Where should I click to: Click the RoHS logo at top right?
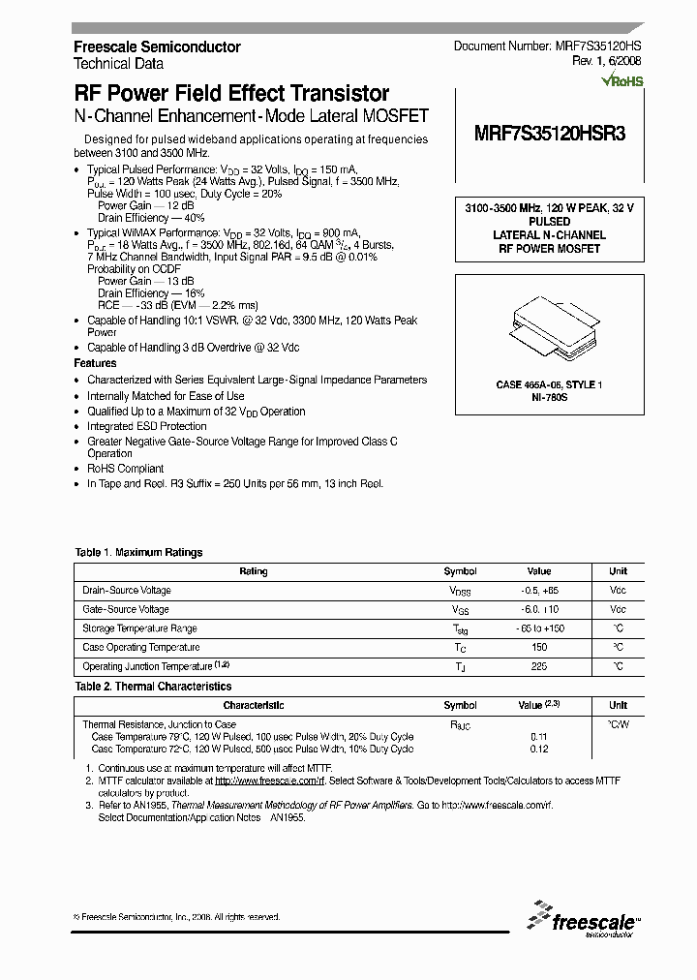click(x=621, y=81)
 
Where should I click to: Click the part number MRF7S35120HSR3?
click(x=549, y=136)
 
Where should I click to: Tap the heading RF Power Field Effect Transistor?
click(x=231, y=94)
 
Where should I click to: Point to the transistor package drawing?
click(x=548, y=329)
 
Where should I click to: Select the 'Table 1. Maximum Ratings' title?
click(x=139, y=552)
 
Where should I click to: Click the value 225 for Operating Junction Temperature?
click(x=539, y=666)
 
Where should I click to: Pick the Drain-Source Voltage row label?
click(x=127, y=590)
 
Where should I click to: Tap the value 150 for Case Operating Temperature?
click(x=539, y=647)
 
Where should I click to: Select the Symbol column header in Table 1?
click(x=460, y=571)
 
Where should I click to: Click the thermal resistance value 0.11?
click(x=539, y=737)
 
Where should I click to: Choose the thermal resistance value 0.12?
click(x=539, y=749)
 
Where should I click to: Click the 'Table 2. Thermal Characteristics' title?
click(x=153, y=686)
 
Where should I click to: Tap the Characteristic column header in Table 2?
click(x=254, y=706)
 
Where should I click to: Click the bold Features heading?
click(x=95, y=363)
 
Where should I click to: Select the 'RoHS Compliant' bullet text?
click(x=126, y=469)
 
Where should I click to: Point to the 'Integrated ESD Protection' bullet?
click(x=147, y=426)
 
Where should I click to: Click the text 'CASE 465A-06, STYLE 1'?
click(x=549, y=385)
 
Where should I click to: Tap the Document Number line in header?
click(x=547, y=46)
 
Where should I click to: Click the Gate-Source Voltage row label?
click(x=126, y=609)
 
